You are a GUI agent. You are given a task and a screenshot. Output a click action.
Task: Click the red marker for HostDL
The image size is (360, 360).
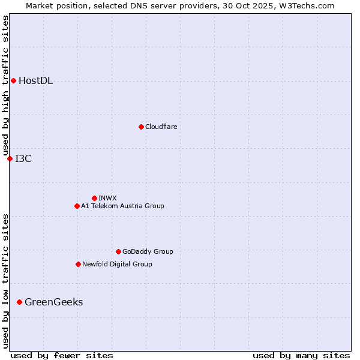click(13, 80)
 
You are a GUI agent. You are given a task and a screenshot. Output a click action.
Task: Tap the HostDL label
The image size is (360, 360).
click(35, 81)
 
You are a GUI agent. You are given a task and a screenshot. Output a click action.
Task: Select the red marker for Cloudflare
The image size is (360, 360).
click(141, 127)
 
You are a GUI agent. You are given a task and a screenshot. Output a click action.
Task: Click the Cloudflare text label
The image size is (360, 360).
click(161, 127)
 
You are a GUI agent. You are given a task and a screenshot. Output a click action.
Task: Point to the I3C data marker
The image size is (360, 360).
click(10, 158)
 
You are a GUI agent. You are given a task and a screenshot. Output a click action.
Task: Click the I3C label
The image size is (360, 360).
click(23, 159)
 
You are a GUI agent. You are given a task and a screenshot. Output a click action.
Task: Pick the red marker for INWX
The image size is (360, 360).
click(94, 198)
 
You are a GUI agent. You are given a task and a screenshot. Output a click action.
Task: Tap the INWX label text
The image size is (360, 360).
click(107, 198)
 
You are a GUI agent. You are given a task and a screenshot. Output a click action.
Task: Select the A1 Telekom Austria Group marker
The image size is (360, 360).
click(77, 206)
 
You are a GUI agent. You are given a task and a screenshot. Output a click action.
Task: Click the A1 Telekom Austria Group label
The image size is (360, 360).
click(122, 206)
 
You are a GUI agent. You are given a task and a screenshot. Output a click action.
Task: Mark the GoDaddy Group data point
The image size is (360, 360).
click(118, 251)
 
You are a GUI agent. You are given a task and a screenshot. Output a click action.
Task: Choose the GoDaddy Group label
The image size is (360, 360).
click(147, 251)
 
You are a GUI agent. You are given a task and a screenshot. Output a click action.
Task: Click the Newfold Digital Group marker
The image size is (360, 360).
click(78, 264)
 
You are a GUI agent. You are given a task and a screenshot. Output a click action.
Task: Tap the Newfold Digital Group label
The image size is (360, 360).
click(117, 264)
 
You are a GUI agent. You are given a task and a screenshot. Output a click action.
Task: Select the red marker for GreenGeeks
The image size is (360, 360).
click(19, 302)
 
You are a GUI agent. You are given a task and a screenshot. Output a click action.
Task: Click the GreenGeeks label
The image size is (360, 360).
click(53, 302)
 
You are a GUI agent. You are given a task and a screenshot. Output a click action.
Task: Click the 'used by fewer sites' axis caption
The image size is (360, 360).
click(62, 355)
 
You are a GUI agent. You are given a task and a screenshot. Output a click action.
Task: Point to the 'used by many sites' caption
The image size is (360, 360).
click(301, 355)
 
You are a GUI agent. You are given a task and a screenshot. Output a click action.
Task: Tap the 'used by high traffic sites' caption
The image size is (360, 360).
click(5, 85)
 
